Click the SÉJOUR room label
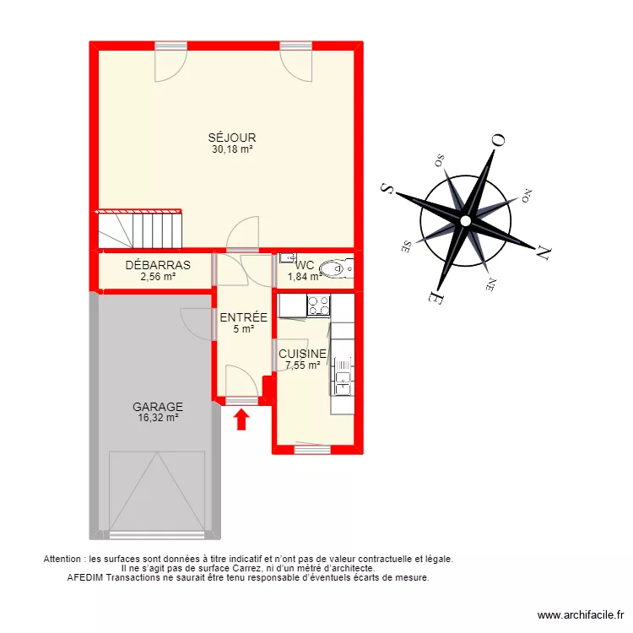pyautogui.click(x=233, y=138)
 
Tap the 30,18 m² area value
pyautogui.click(x=233, y=149)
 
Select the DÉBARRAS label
pyautogui.click(x=158, y=264)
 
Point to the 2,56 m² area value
pyautogui.click(x=158, y=276)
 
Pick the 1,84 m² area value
pyautogui.click(x=304, y=276)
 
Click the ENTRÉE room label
pyautogui.click(x=244, y=318)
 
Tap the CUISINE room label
pyautogui.click(x=303, y=354)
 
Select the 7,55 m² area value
pyautogui.click(x=303, y=365)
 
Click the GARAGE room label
pyautogui.click(x=158, y=406)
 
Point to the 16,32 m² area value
pyautogui.click(x=158, y=417)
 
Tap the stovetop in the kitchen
pyautogui.click(x=318, y=306)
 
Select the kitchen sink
pyautogui.click(x=343, y=375)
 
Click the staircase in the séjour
pyautogui.click(x=140, y=230)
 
